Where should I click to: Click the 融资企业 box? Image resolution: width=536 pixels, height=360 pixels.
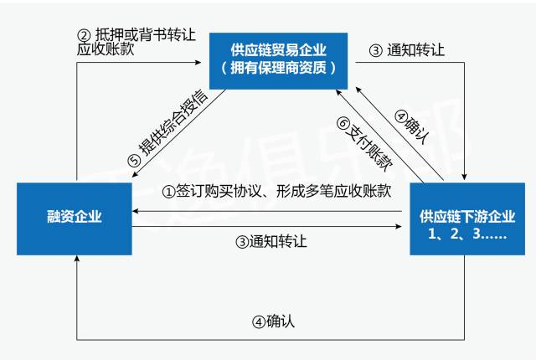[x=75, y=217]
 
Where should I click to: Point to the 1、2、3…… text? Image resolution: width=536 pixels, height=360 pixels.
[x=466, y=235]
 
